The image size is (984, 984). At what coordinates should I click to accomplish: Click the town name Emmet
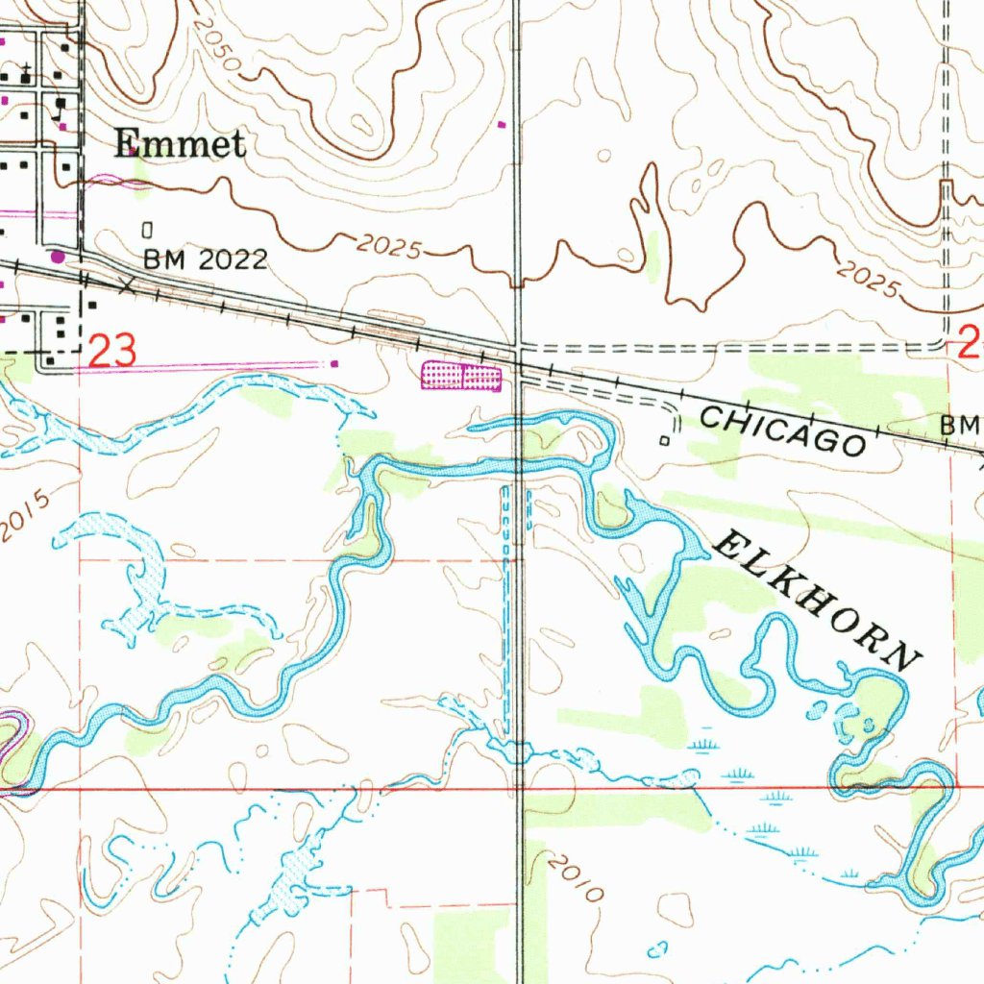[180, 144]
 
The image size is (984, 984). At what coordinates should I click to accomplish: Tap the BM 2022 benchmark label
[205, 259]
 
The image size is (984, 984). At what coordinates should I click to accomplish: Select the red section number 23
[112, 351]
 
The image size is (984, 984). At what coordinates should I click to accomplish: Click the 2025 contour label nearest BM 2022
[388, 247]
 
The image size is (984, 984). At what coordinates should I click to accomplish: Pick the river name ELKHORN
[818, 599]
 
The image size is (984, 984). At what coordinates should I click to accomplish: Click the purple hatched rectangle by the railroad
[461, 376]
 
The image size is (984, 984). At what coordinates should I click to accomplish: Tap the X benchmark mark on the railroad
[126, 285]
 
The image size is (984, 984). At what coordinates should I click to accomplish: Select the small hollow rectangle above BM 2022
[147, 231]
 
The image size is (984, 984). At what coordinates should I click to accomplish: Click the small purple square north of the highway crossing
[501, 124]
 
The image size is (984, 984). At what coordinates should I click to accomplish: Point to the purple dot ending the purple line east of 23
[334, 363]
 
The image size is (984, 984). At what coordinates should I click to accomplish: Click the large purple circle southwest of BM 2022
[59, 257]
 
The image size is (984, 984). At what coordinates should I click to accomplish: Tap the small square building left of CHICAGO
[664, 440]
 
